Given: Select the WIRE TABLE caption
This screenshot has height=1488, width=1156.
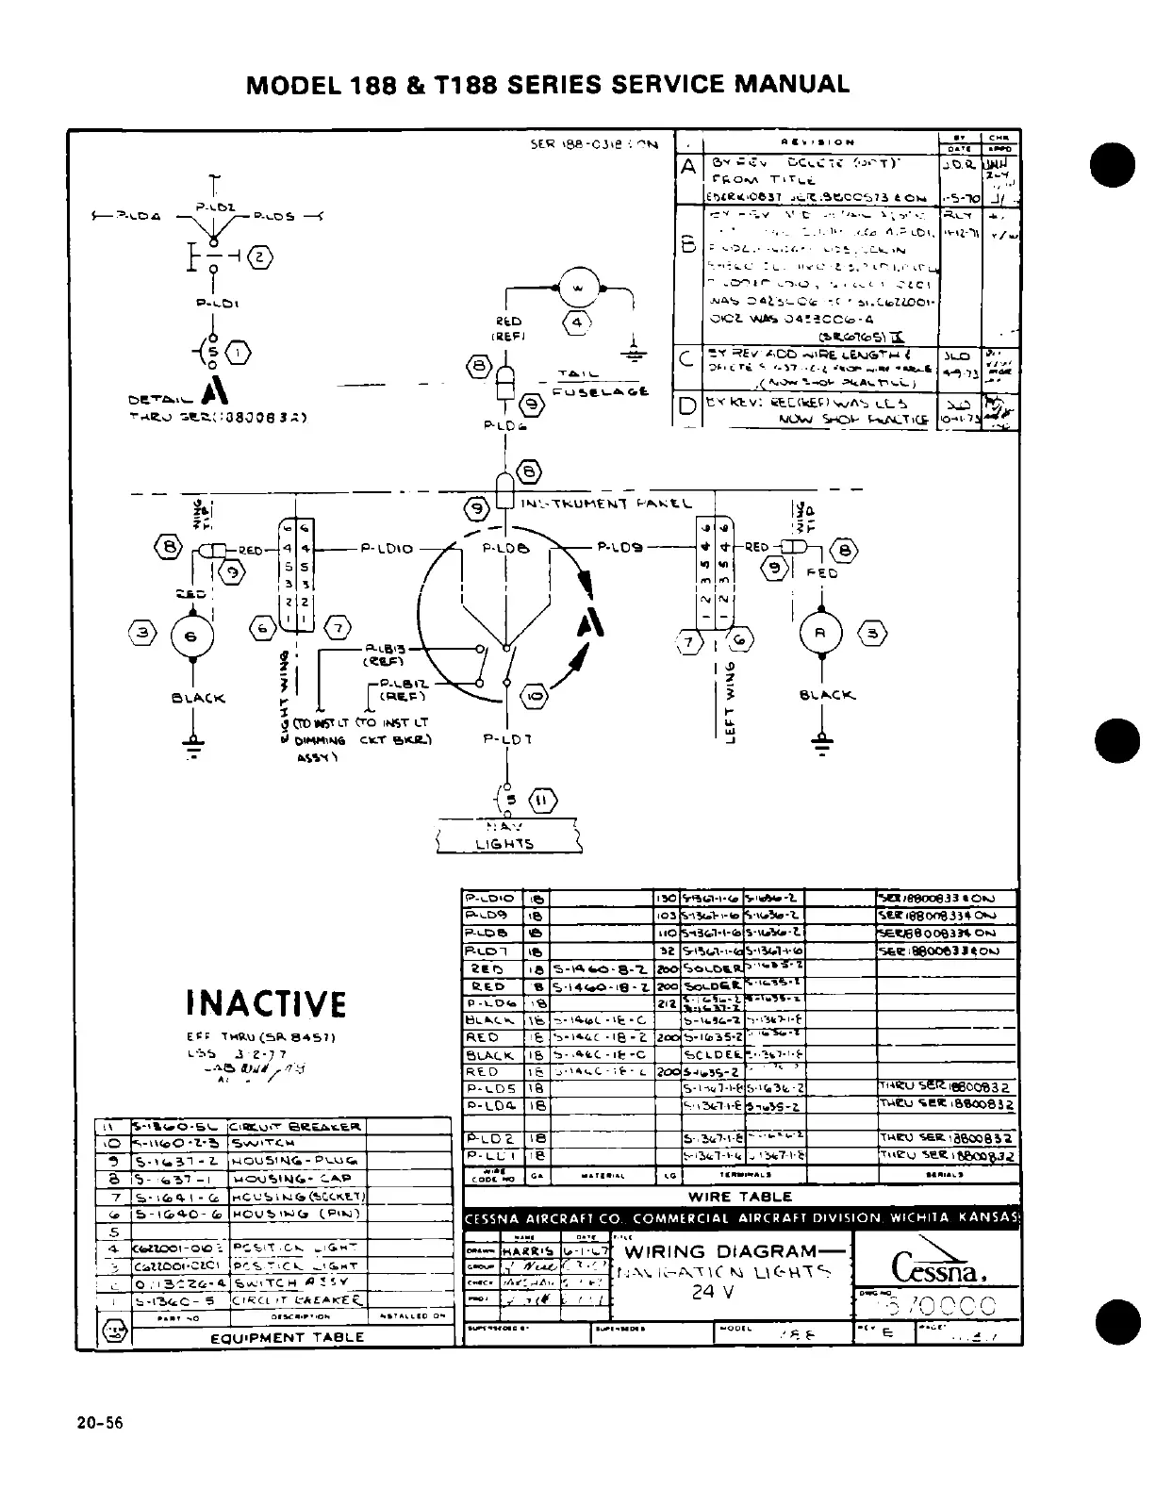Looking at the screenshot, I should pos(741,1198).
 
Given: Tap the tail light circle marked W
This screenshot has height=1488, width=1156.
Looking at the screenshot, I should pos(579,286).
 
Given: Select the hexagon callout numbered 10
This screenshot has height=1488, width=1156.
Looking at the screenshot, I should pos(534,697).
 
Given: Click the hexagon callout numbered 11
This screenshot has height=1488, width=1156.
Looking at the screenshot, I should pos(544,801).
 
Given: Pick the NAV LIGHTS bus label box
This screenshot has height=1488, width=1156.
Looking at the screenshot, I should pos(508,835).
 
